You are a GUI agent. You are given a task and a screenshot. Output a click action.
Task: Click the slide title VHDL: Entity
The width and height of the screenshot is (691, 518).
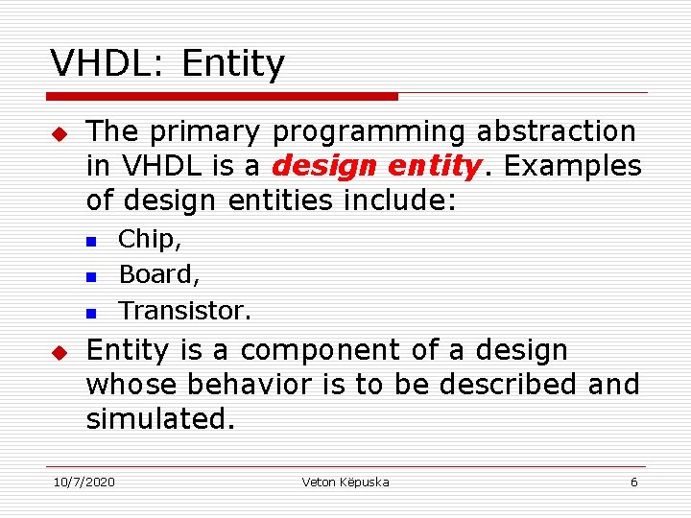168,64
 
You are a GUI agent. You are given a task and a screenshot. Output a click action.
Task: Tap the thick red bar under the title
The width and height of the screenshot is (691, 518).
222,97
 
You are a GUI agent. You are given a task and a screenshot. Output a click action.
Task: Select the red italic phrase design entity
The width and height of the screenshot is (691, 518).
375,167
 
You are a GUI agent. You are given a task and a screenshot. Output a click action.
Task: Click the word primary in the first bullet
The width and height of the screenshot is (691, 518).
208,131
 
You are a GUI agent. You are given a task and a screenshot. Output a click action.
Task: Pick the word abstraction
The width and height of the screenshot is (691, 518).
558,131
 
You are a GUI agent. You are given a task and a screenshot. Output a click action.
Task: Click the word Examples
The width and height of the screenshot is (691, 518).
573,167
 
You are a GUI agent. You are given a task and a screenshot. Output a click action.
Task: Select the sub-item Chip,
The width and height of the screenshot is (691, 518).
150,239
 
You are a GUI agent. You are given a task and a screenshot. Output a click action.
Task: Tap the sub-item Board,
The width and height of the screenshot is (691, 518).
159,274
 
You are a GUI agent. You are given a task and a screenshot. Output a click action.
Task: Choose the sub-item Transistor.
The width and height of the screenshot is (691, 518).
184,311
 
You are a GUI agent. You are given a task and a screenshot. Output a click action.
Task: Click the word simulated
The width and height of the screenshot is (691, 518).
160,420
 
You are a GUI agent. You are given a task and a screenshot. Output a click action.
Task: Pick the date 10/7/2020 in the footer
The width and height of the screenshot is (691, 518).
83,482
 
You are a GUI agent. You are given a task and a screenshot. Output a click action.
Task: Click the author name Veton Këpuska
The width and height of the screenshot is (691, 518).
345,482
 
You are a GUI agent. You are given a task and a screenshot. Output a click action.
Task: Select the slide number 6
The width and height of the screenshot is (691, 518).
633,482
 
